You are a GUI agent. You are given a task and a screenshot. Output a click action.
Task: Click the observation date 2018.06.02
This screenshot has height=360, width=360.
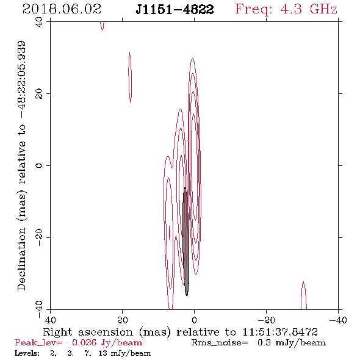[62, 9]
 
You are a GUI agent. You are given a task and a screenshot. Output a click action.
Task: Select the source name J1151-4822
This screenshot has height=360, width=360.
[175, 10]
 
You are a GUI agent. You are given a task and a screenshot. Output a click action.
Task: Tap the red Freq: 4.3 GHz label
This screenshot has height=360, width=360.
[286, 10]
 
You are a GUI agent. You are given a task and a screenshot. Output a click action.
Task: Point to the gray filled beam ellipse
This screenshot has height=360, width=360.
[185, 242]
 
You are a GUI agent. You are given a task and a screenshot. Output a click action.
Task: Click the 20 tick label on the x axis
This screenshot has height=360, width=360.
[122, 320]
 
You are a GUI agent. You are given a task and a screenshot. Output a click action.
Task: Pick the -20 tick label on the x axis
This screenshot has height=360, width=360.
[266, 320]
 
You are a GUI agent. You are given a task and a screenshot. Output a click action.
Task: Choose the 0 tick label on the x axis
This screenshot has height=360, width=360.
[194, 320]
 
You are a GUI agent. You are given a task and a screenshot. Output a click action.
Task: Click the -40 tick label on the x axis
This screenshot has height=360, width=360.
[338, 320]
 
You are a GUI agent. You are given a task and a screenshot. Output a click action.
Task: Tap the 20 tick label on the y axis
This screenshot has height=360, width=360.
[40, 94]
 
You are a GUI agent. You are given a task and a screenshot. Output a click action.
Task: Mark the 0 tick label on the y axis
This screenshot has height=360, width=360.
[40, 165]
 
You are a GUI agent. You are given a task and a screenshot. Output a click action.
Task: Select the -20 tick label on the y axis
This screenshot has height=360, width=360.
[40, 237]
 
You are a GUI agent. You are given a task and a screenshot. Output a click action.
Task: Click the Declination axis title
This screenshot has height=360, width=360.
[21, 165]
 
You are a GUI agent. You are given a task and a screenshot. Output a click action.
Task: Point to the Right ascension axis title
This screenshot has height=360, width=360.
[181, 332]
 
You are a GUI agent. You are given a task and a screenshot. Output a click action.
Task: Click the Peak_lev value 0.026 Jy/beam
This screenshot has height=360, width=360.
[107, 343]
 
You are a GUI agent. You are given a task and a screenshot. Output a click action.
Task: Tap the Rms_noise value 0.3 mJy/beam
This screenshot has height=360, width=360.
[292, 343]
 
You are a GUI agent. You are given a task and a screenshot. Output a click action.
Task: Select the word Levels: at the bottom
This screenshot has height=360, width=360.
[27, 353]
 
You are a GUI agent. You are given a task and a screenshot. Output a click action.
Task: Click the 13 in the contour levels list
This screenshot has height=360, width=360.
[103, 353]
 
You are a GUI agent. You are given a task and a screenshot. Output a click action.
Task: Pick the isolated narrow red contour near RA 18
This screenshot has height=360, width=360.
[130, 77]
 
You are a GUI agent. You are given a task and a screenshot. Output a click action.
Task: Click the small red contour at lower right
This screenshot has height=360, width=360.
[304, 295]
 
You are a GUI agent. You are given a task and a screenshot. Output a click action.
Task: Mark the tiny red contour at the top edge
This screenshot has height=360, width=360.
[103, 26]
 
